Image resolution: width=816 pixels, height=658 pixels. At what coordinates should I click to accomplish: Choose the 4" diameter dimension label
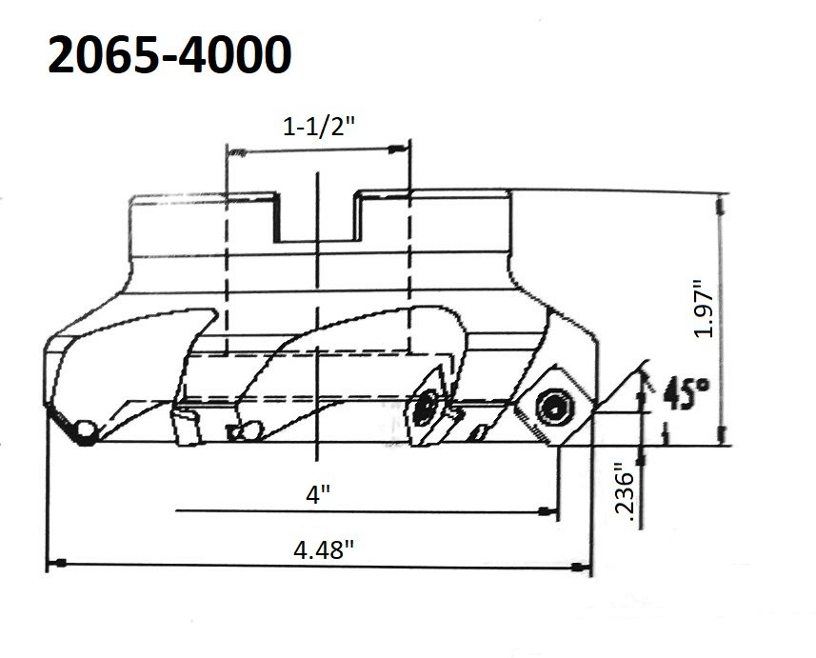(x=317, y=495)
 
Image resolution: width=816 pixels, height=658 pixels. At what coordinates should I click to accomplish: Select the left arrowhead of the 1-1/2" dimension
(x=234, y=150)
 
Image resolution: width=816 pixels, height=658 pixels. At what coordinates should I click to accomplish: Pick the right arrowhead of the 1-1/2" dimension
(x=400, y=150)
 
